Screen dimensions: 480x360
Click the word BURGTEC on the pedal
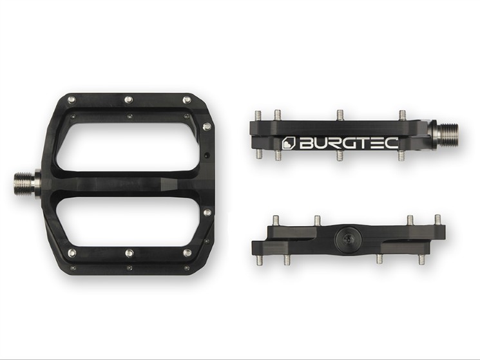pos(349,143)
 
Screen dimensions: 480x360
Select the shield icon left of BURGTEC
pos(288,143)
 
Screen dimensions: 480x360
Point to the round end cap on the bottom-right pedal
pos(348,238)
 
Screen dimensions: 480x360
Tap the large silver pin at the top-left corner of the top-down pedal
pos(72,99)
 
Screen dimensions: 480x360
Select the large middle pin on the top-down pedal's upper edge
pos(129,99)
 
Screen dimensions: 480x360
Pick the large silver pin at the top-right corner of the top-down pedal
pos(187,100)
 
